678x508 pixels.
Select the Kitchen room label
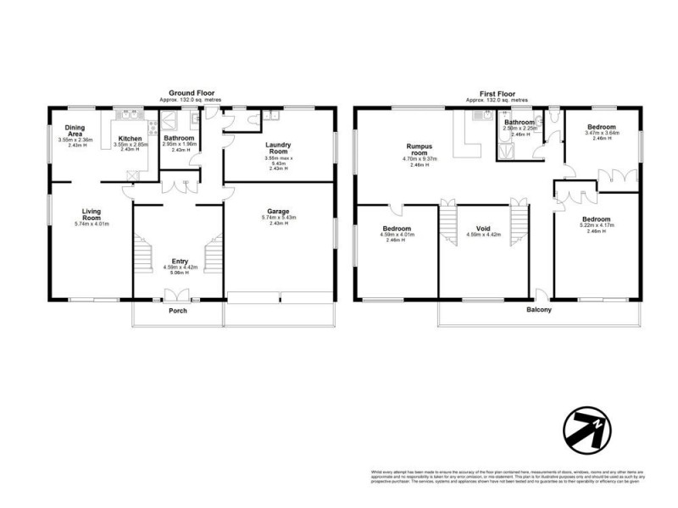coord(130,138)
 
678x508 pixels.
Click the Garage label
coord(279,211)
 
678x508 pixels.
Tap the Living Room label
coord(91,215)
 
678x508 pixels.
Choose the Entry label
coord(180,262)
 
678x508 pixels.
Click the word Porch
coord(177,311)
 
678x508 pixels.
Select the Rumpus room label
coord(420,149)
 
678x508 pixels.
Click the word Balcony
coord(539,310)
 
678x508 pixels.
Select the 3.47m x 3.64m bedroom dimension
coord(603,133)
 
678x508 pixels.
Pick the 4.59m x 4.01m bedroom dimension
coord(397,235)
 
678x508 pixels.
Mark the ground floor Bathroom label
coord(180,138)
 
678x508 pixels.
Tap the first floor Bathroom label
coord(518,122)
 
